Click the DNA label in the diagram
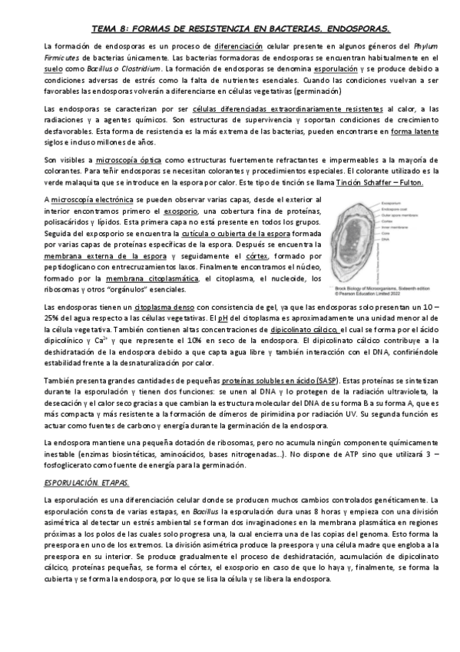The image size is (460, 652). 384,239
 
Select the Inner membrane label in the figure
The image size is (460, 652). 395,228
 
